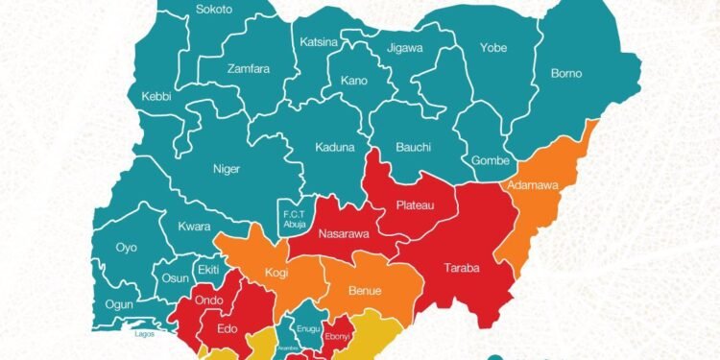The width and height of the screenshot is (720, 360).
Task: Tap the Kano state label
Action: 353,81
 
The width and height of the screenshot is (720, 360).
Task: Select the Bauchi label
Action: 413,148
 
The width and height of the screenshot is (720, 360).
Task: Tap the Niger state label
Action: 226,170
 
